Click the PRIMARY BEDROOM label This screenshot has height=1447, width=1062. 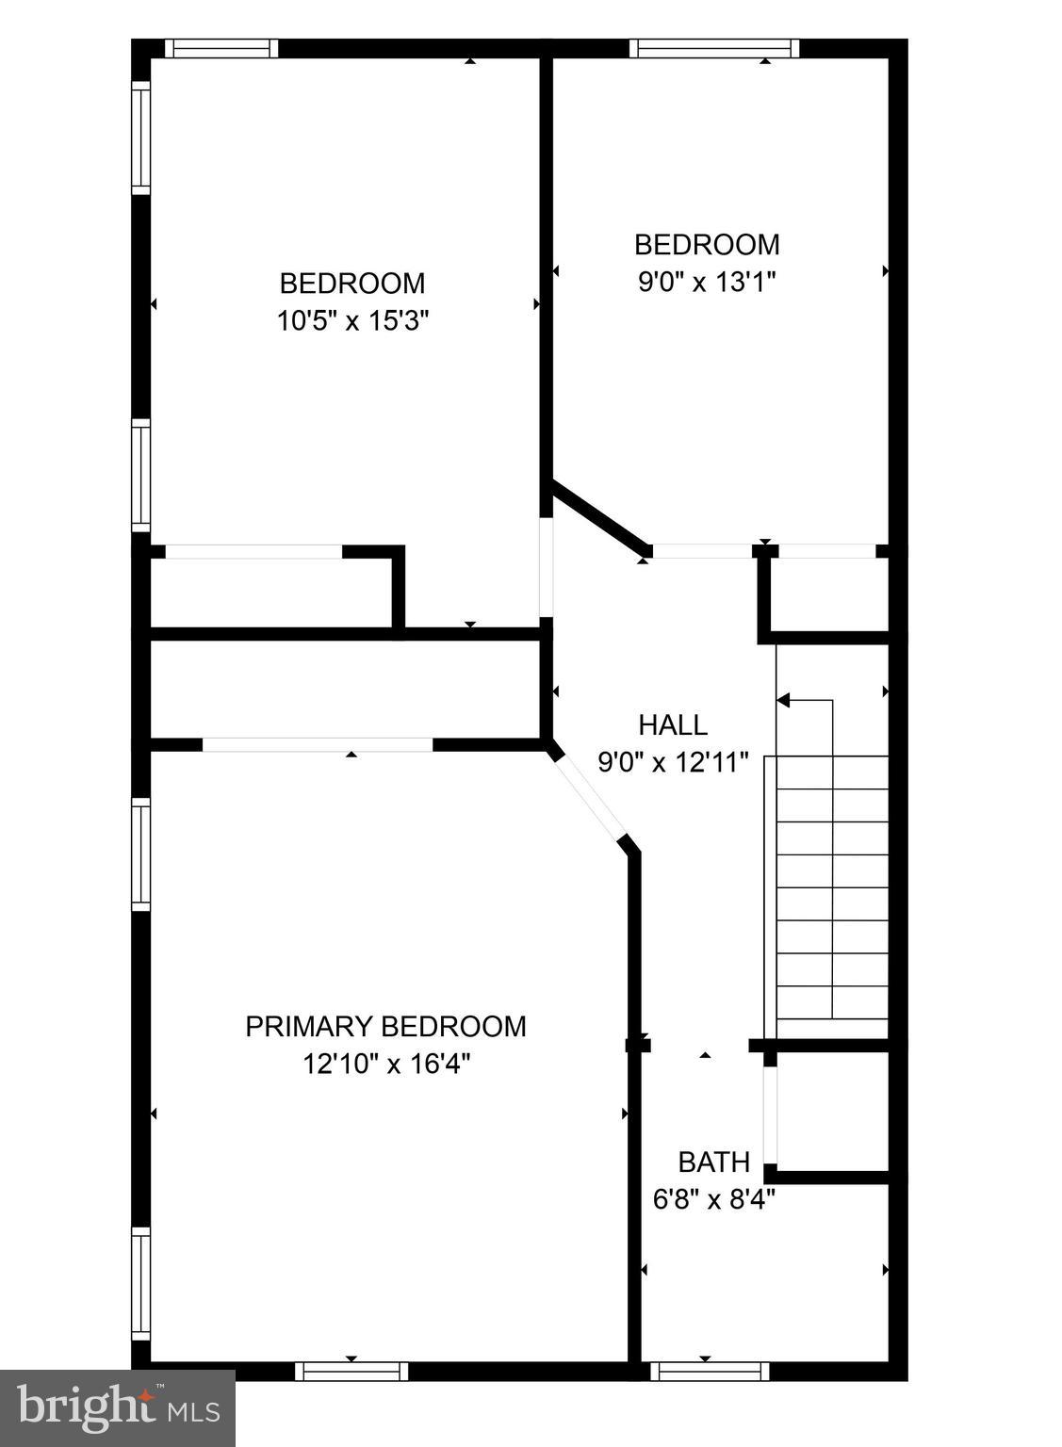tap(385, 1026)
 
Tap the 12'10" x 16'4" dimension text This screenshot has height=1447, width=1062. tap(385, 1064)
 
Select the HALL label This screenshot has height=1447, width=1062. tap(673, 724)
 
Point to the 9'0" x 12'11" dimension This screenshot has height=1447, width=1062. tap(673, 761)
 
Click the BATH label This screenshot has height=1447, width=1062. tap(714, 1162)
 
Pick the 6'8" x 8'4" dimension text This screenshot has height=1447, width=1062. tap(714, 1199)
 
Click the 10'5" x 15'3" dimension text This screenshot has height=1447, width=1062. tap(352, 321)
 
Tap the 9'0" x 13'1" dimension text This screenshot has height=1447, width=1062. tap(707, 282)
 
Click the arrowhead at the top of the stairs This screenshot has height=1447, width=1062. tap(783, 700)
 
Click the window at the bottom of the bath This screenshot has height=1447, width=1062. tap(710, 1371)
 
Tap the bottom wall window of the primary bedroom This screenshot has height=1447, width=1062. tap(351, 1371)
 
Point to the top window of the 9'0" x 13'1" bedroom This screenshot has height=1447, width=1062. tap(713, 48)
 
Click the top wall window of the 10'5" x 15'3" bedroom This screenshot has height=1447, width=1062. tap(221, 48)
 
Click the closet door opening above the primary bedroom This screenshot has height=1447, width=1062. tap(318, 744)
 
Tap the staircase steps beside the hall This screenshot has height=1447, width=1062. tap(832, 886)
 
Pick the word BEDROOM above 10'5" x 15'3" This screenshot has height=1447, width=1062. tap(352, 283)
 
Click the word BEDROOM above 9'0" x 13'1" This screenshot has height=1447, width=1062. tap(707, 244)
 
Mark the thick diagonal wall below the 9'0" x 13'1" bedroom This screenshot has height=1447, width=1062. tap(600, 517)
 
